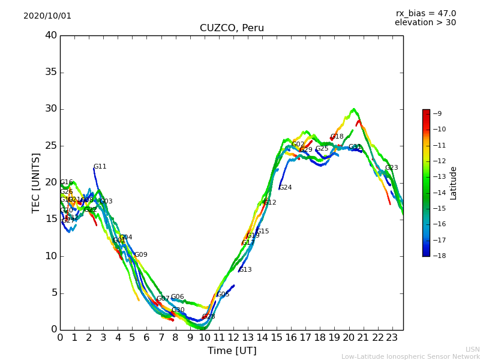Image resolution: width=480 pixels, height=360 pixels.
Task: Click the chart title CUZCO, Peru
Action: point(232,28)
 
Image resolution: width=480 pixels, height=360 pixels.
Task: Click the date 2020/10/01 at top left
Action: point(47,16)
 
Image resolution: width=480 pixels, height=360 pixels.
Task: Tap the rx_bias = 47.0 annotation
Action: point(426,14)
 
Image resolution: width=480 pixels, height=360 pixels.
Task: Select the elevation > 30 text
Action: point(425,23)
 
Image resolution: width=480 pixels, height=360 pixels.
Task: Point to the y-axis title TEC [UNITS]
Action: point(37,183)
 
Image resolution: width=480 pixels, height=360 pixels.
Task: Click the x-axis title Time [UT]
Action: point(232,351)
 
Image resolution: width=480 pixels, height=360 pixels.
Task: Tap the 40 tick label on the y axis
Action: point(51,35)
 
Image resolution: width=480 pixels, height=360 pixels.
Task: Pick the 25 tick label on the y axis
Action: point(51,146)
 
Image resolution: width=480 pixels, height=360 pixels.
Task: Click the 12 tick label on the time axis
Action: point(233,338)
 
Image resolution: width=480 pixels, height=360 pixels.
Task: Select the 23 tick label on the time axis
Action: point(392,338)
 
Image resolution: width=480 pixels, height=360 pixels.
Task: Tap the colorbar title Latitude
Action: point(454,183)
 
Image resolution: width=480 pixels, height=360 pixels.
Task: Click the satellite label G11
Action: point(100,167)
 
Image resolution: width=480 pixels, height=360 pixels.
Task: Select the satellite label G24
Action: point(285,188)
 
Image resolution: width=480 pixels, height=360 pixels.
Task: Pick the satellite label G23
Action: point(391,168)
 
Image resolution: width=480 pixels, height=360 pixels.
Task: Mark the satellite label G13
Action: point(245,270)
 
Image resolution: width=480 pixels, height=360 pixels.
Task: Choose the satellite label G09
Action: point(140,255)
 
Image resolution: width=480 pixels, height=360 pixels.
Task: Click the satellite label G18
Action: point(337,137)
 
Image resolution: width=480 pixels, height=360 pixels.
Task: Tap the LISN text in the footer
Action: point(472,350)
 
